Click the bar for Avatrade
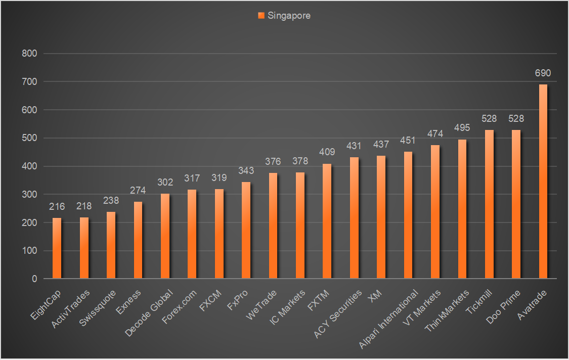[x=543, y=182]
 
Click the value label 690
[x=543, y=73]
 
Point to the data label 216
[x=57, y=207]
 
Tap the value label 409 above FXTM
[x=327, y=152]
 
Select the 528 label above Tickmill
[x=489, y=119]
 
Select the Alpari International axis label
[x=390, y=318]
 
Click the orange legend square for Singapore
[x=261, y=16]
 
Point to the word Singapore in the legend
[x=289, y=16]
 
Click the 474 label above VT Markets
[x=435, y=134]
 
